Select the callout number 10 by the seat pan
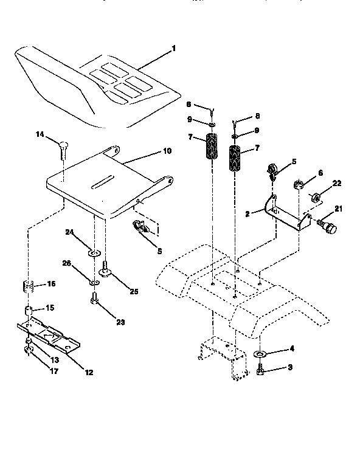(x=167, y=151)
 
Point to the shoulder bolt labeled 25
(x=107, y=266)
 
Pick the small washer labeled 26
(x=94, y=283)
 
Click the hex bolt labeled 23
(x=94, y=299)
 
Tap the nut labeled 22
(x=316, y=197)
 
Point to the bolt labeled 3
(x=260, y=368)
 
